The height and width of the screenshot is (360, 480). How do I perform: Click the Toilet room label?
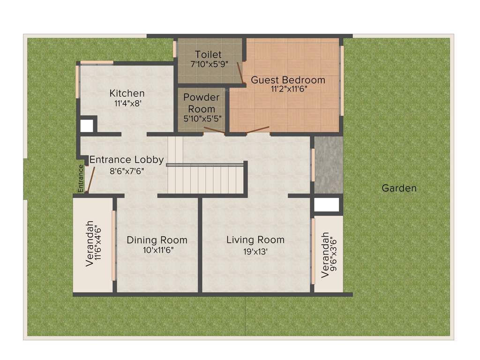click(208, 55)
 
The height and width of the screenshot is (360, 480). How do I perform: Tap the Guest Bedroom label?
click(288, 80)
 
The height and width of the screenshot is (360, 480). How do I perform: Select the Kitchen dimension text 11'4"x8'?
click(127, 104)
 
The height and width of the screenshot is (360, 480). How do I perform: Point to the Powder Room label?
click(201, 103)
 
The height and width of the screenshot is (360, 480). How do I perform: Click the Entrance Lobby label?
click(127, 160)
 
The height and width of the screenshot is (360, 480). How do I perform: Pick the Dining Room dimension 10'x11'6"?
click(158, 250)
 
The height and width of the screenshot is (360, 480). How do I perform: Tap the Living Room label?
click(255, 240)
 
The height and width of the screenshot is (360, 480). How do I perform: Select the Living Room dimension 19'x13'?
click(255, 252)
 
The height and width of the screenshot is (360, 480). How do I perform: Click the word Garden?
click(399, 188)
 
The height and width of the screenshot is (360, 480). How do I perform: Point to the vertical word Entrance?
click(81, 178)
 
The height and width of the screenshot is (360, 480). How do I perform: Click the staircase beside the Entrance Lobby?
click(206, 178)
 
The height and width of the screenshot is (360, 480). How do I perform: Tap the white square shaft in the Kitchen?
click(86, 126)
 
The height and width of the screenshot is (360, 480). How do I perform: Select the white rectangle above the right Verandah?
click(326, 205)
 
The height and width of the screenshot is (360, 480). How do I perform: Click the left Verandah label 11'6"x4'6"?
click(93, 244)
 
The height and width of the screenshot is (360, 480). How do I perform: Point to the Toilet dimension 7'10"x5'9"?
click(209, 64)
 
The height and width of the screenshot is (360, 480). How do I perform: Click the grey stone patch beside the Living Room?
click(328, 164)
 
